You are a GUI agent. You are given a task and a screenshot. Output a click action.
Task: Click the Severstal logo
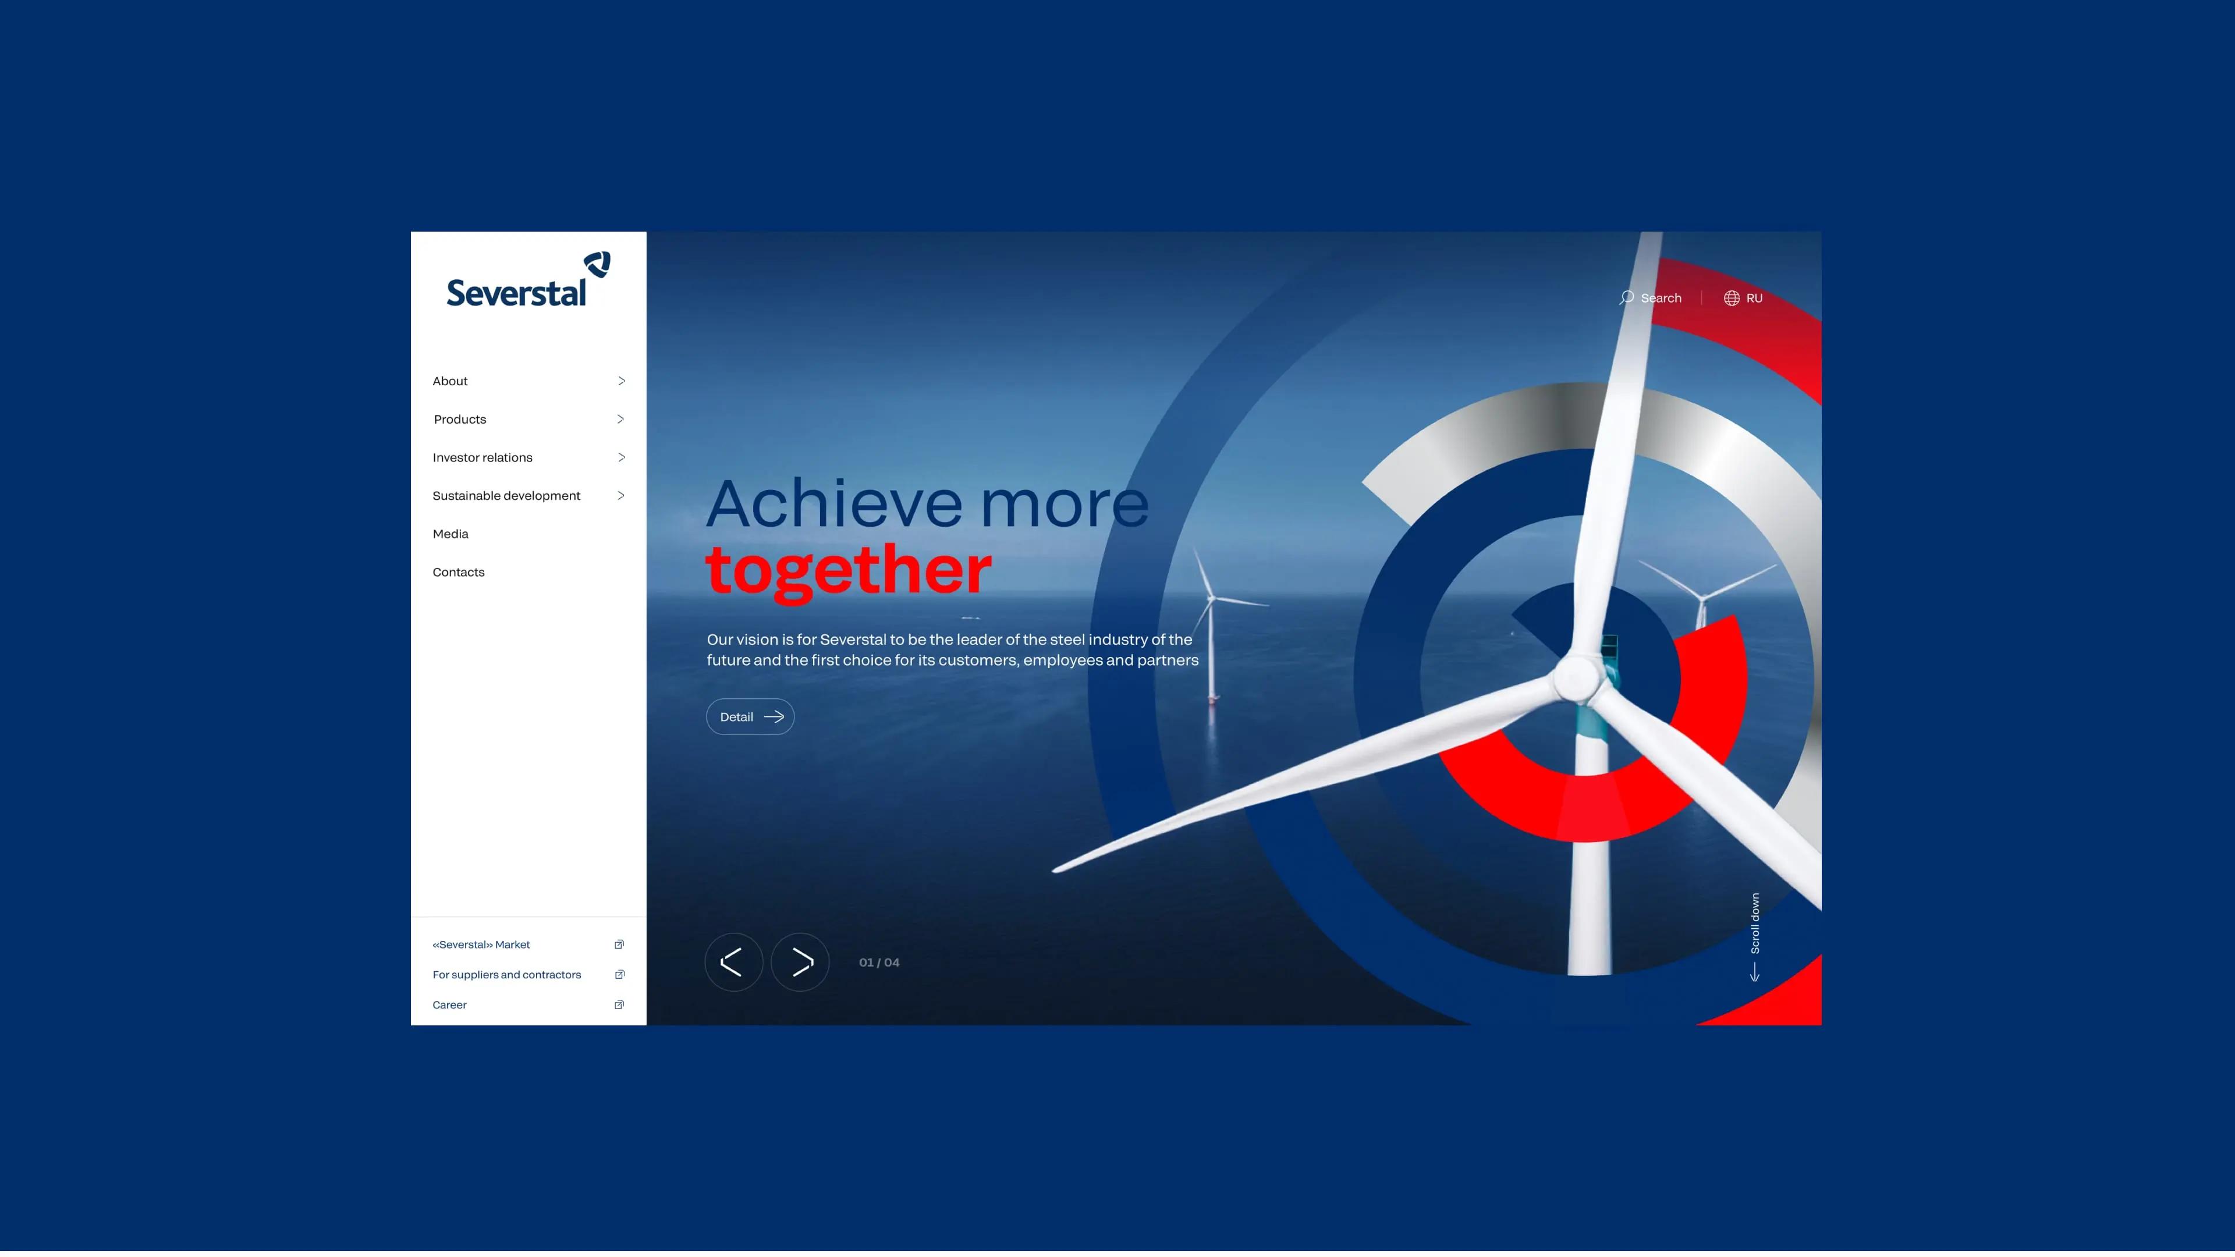pos(527,279)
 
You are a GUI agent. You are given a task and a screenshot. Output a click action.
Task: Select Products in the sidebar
pos(460,419)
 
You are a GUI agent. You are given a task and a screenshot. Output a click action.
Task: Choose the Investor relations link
pos(483,457)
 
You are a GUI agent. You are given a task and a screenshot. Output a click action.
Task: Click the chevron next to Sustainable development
pos(621,495)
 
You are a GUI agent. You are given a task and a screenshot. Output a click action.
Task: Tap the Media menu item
pos(450,534)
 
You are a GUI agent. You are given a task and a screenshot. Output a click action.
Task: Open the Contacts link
pos(458,571)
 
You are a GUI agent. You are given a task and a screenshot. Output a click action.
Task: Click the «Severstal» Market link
pos(481,944)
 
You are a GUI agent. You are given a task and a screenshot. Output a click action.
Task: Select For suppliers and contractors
pos(507,975)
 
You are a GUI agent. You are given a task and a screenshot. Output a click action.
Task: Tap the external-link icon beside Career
pos(619,1004)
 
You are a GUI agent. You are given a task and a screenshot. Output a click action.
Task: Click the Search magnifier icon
pos(1626,297)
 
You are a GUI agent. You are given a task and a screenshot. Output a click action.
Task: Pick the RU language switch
pos(1743,297)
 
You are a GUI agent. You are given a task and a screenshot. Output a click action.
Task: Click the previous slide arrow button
pos(733,962)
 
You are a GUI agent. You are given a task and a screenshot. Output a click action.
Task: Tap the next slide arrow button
pos(800,962)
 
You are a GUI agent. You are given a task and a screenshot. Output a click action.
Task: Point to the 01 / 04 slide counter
pos(879,962)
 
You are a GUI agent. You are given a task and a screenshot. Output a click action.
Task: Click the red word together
pos(849,571)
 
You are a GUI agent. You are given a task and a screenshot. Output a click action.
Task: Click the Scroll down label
pos(1755,924)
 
